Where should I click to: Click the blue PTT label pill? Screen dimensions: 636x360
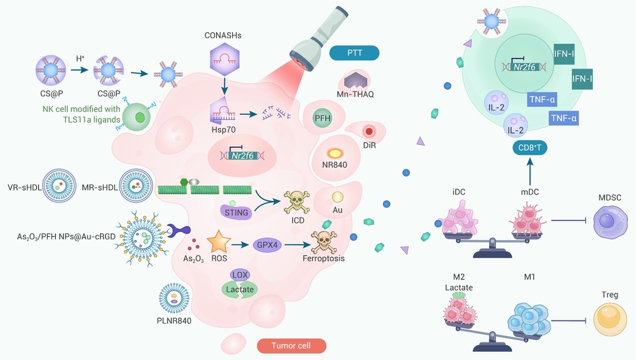tap(354, 53)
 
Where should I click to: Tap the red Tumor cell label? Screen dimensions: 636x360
tap(291, 346)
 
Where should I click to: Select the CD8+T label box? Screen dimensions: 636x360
tap(530, 148)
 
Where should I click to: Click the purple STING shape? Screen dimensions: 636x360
tap(236, 212)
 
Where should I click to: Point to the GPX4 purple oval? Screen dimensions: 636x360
tap(267, 245)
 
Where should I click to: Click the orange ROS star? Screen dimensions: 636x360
tap(219, 242)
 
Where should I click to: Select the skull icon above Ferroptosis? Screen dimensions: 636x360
tap(324, 241)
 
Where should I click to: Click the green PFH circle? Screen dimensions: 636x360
tap(323, 118)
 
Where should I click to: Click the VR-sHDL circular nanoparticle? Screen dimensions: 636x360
tap(59, 187)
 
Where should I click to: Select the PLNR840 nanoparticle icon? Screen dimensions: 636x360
tap(174, 298)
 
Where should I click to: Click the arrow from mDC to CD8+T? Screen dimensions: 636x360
tap(530, 172)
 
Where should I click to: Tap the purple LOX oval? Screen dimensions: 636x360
tap(240, 275)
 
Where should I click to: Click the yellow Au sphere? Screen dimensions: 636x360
tap(338, 197)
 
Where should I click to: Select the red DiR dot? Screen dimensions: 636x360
tap(369, 131)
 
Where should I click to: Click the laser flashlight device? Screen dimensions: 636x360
tap(319, 37)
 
